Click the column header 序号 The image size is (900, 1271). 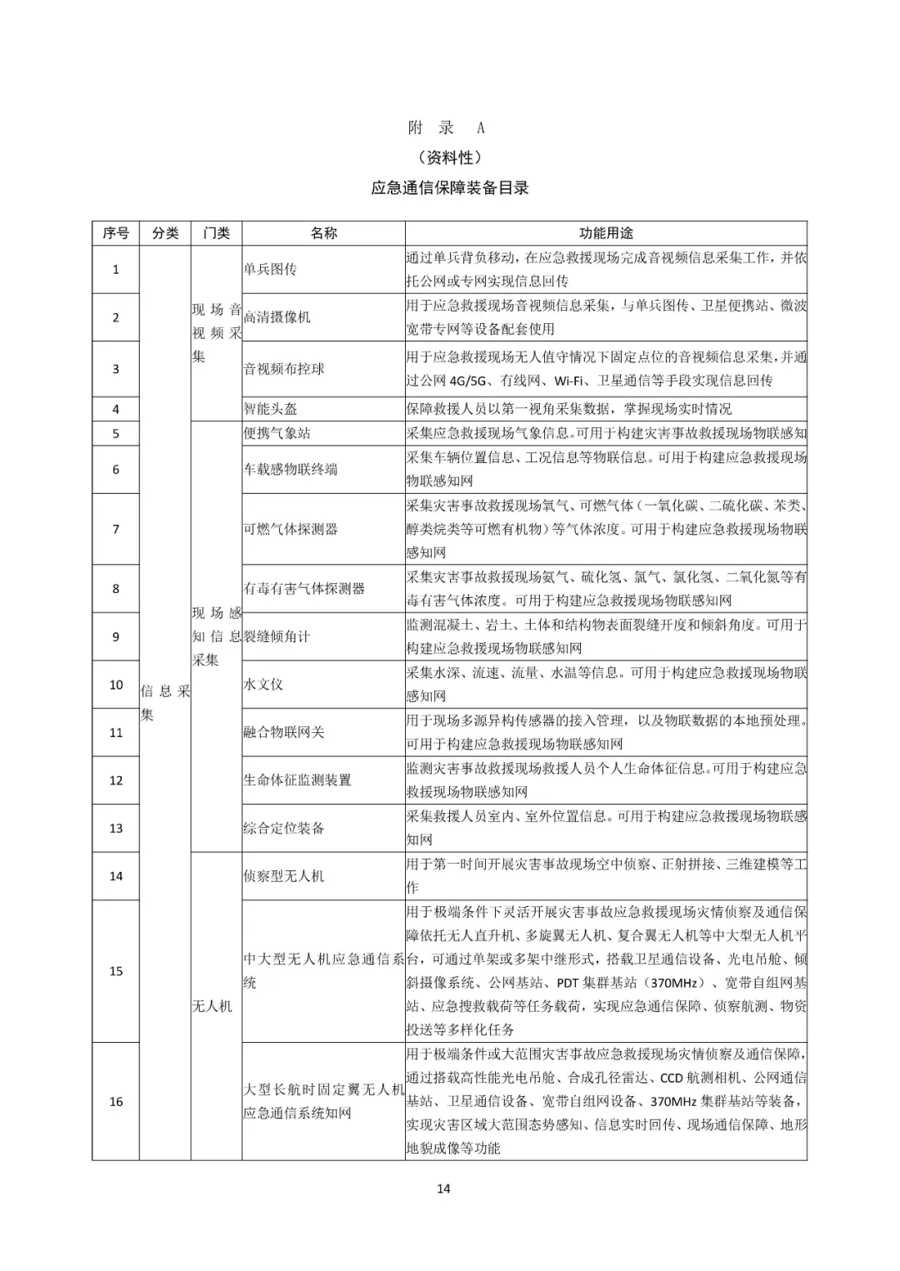[x=116, y=233]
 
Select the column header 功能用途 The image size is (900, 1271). [x=606, y=233]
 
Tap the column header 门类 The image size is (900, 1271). [x=216, y=233]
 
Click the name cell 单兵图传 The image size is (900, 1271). [x=270, y=269]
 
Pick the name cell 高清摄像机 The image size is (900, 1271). [x=277, y=317]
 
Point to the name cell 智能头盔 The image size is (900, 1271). [x=270, y=409]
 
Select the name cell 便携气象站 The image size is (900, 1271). [x=277, y=433]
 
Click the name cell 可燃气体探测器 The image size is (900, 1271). [x=290, y=529]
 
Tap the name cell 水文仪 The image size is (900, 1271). [x=263, y=685]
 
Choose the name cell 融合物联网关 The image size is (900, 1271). [x=283, y=732]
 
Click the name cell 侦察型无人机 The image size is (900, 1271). [x=283, y=876]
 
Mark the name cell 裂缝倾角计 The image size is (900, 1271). [x=277, y=636]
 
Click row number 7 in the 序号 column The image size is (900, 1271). [x=116, y=529]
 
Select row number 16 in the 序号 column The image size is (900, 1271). [x=116, y=1101]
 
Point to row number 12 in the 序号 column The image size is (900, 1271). [x=116, y=780]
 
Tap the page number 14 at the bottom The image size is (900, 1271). [x=443, y=1189]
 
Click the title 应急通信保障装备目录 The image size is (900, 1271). [x=450, y=188]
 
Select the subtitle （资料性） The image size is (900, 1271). [x=450, y=157]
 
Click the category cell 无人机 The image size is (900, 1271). [x=212, y=1006]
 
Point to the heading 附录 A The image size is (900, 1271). [x=447, y=127]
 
